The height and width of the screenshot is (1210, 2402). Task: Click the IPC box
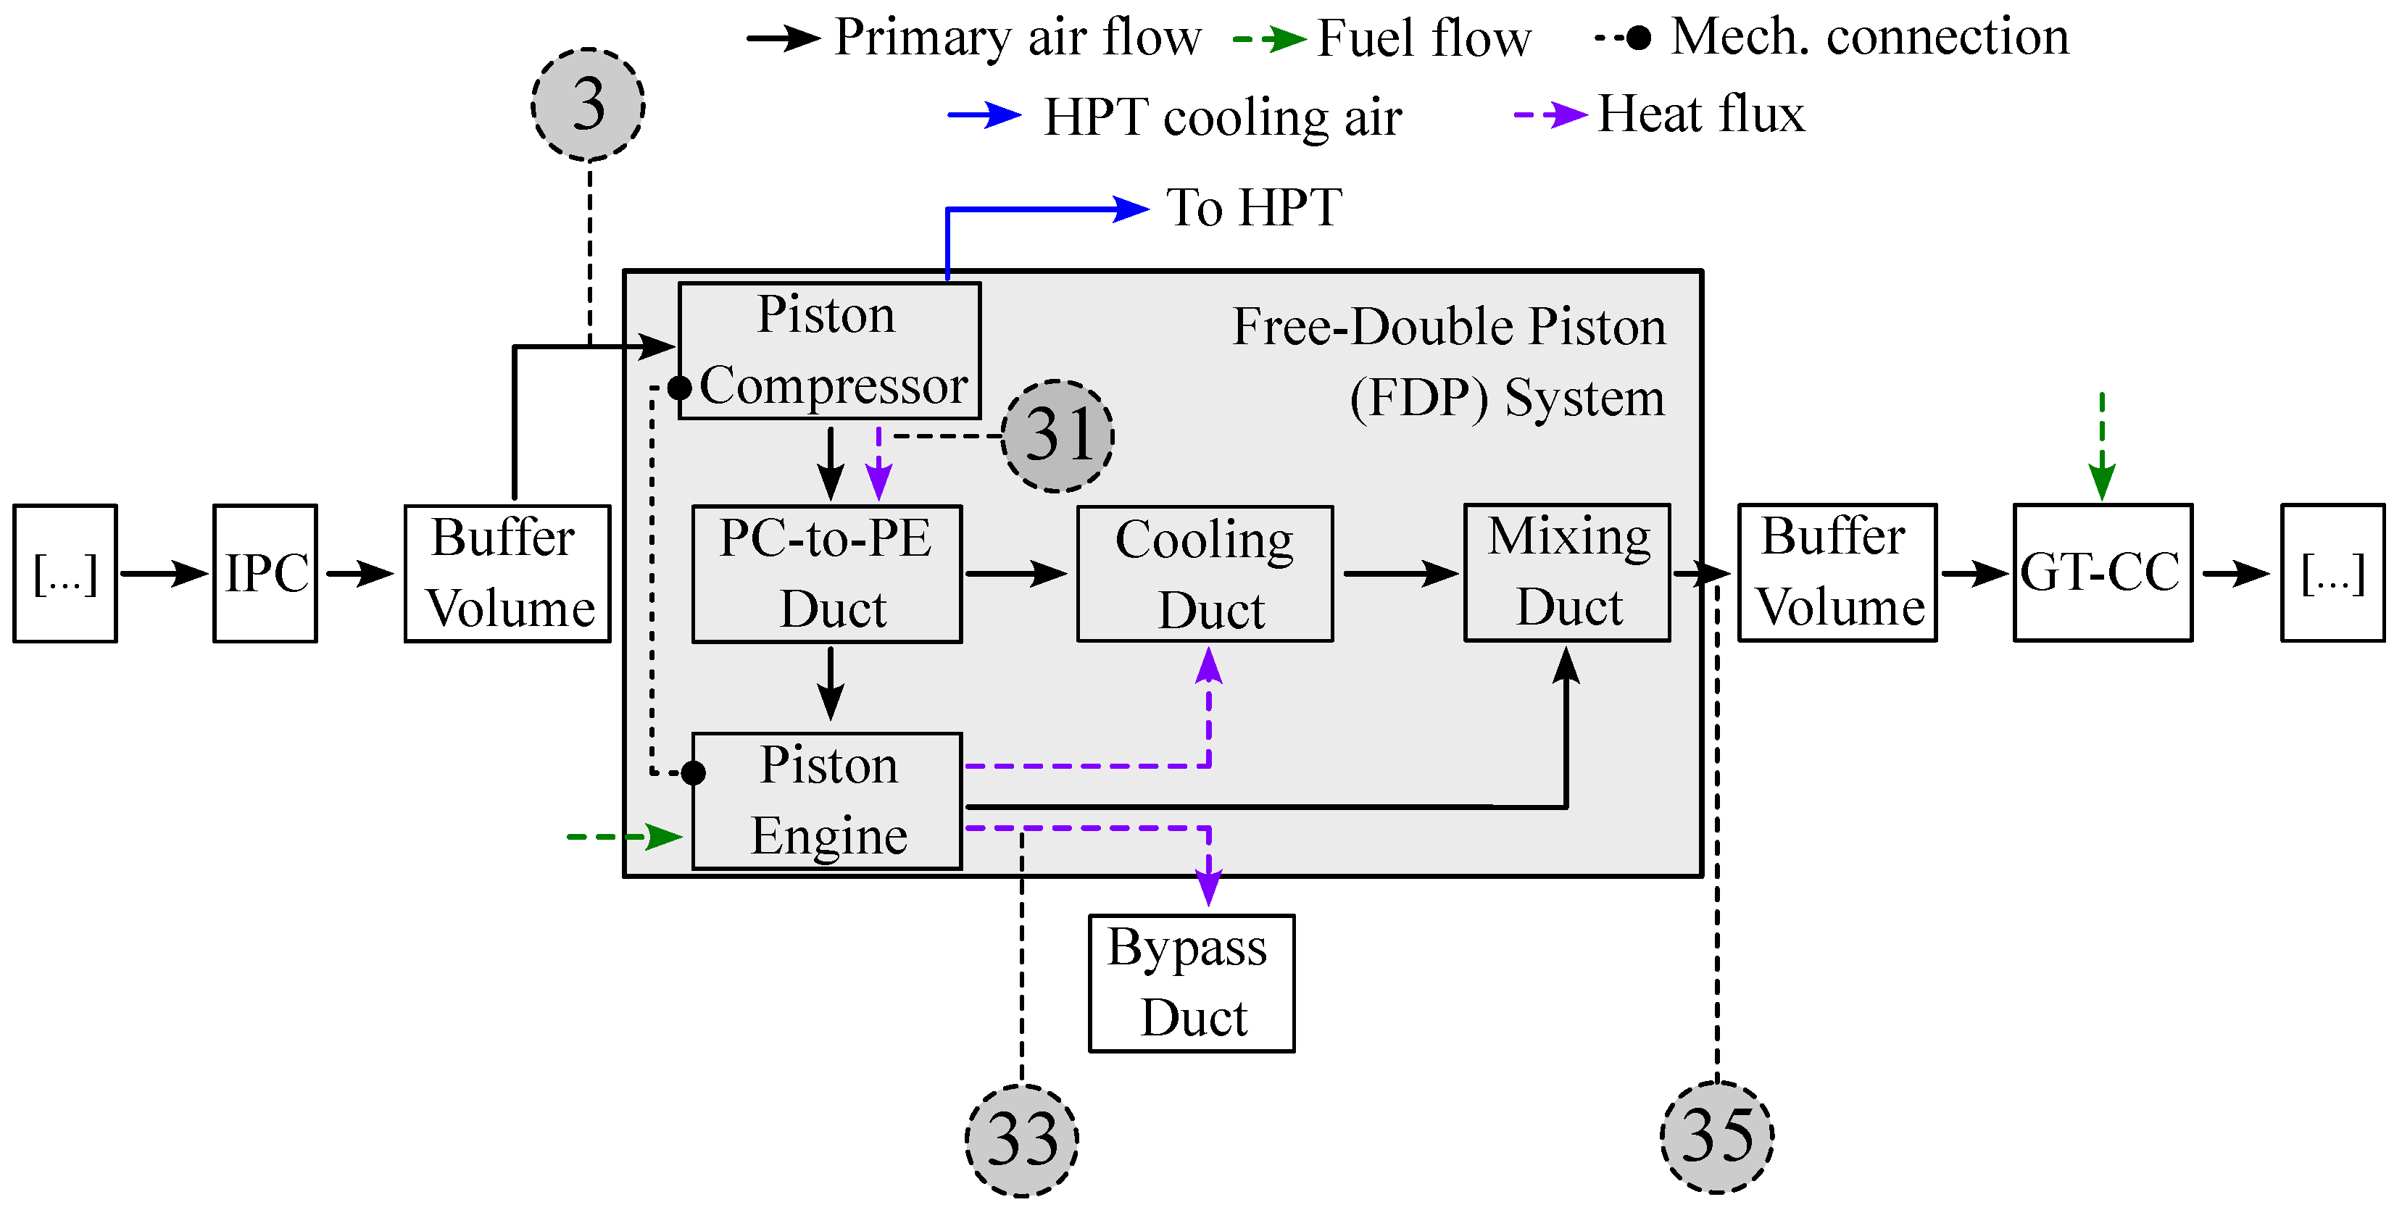click(x=266, y=573)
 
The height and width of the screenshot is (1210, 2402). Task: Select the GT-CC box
click(x=2102, y=572)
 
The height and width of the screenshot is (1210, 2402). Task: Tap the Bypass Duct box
click(x=1191, y=982)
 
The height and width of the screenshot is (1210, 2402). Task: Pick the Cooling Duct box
click(x=1205, y=573)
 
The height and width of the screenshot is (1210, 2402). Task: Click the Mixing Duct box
click(x=1566, y=572)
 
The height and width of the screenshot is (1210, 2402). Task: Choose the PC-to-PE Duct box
click(x=826, y=573)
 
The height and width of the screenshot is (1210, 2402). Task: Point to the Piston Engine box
click(x=826, y=801)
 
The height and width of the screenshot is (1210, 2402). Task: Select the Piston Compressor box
click(x=829, y=351)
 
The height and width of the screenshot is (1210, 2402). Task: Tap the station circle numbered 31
click(x=1057, y=435)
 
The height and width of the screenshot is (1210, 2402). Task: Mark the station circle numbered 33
click(x=1021, y=1139)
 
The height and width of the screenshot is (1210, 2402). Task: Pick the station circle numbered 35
click(x=1716, y=1136)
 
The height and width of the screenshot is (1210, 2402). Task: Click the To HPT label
click(x=1253, y=207)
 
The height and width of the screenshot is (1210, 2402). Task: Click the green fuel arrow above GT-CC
click(x=2102, y=448)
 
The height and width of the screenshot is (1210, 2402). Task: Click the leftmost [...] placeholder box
click(x=65, y=573)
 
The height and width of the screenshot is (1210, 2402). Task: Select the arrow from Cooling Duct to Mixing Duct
click(x=1399, y=573)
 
